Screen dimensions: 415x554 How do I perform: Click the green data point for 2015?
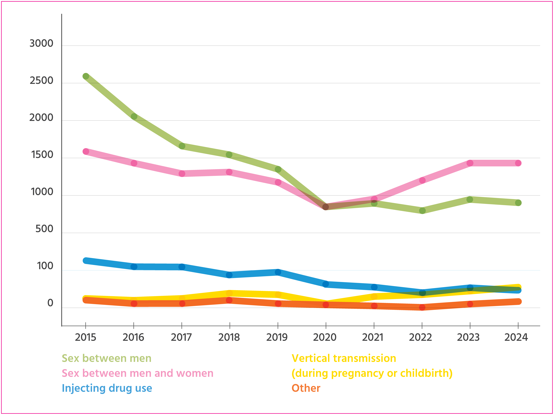click(86, 76)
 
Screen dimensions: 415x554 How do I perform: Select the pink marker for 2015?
click(86, 151)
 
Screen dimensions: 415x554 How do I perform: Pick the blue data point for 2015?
click(86, 261)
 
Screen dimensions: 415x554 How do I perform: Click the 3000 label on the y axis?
click(41, 44)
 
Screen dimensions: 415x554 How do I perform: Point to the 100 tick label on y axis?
click(45, 266)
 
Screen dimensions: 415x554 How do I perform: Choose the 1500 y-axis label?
click(42, 155)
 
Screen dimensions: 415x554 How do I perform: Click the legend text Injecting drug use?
click(107, 388)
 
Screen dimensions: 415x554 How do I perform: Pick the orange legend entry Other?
click(306, 388)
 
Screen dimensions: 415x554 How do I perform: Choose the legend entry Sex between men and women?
click(137, 373)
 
